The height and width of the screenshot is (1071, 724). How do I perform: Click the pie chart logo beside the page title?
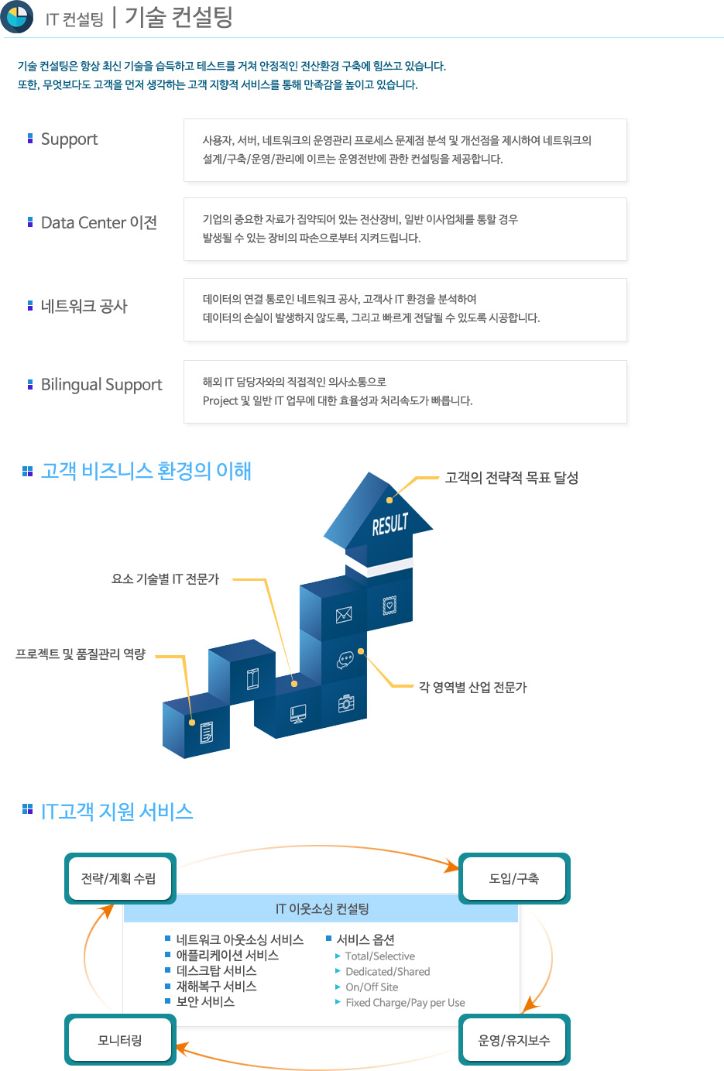[x=17, y=16]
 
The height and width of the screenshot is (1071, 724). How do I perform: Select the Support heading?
[x=70, y=139]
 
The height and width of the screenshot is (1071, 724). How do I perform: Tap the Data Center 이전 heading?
[x=99, y=222]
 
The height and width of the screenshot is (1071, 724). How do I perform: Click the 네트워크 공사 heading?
[x=84, y=306]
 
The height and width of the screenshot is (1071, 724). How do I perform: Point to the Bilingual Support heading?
[x=101, y=385]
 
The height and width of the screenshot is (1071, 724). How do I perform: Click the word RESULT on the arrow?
[x=390, y=523]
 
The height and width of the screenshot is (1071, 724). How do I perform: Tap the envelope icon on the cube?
[x=344, y=615]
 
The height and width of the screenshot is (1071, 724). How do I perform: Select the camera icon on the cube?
[x=346, y=703]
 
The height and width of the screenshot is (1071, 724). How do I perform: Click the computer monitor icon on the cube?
[x=298, y=714]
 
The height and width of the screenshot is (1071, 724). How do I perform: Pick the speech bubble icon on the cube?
[x=345, y=660]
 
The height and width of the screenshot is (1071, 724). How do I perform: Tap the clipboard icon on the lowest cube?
[x=207, y=733]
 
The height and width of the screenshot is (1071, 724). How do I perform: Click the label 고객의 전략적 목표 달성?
[x=512, y=478]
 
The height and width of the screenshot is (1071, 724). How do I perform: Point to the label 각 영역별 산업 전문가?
[x=472, y=687]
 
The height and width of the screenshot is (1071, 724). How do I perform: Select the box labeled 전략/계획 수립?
[x=120, y=878]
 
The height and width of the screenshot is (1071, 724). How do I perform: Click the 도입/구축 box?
[x=514, y=878]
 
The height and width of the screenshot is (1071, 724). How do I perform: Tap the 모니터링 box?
[x=120, y=1040]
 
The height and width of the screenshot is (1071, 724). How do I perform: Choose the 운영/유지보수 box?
[x=514, y=1040]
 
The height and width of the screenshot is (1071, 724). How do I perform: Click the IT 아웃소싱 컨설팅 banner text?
[x=322, y=909]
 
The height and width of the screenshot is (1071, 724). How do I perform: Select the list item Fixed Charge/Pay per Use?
[x=405, y=1003]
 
